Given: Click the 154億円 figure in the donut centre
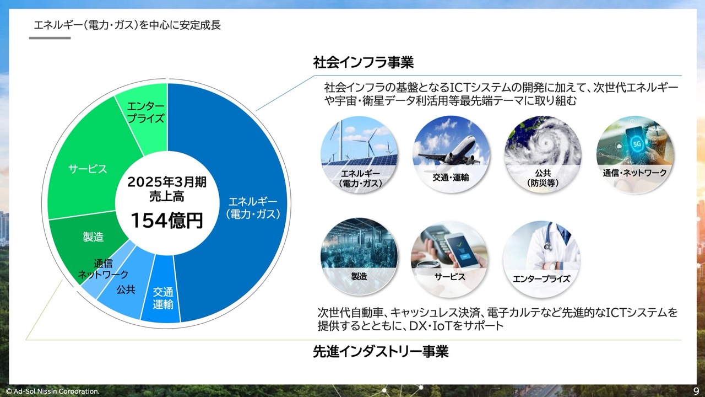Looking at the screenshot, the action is point(166,220).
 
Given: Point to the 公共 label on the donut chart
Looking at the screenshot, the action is point(126,289).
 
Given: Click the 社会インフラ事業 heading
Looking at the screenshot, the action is point(363,62).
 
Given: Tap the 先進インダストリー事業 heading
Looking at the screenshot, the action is point(381,352).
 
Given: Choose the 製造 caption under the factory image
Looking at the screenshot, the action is point(359,276).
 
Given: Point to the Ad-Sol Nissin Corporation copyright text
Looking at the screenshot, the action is point(52,391).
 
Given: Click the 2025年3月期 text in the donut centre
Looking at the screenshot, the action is point(166,182).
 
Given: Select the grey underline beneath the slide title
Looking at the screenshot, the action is point(50,38).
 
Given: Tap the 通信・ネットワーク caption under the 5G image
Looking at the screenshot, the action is point(634,173).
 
